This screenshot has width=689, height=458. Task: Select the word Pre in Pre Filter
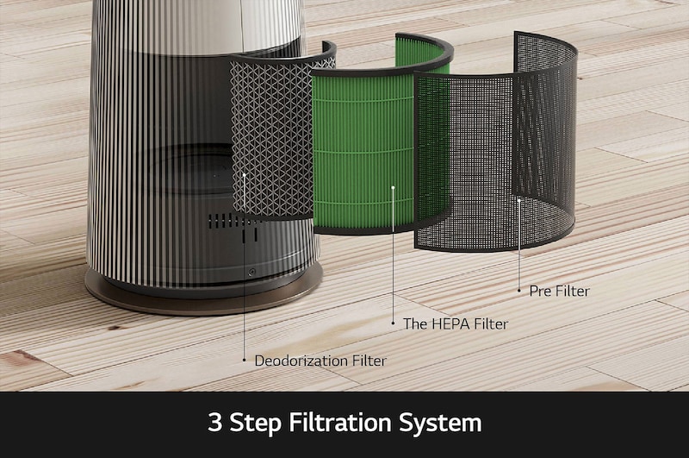[x=540, y=291]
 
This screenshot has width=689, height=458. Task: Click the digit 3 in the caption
[x=214, y=422]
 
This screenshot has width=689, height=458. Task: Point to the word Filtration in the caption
[x=339, y=422]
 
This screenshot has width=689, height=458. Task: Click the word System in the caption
[x=440, y=423]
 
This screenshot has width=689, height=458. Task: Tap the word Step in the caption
[x=255, y=423]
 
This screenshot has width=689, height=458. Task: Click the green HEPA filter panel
[x=364, y=149]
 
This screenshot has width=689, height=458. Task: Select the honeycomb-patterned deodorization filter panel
[x=272, y=136]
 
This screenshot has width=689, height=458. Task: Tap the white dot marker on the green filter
[x=393, y=188]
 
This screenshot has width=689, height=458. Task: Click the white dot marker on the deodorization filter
[x=245, y=175]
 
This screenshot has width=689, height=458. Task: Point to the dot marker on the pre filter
[x=519, y=200]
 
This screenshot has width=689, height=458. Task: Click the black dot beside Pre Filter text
[x=519, y=291]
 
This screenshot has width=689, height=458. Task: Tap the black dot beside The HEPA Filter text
[x=394, y=323]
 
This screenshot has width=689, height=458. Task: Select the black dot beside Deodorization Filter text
[x=245, y=360]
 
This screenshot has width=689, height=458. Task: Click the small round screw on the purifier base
[x=251, y=273]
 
